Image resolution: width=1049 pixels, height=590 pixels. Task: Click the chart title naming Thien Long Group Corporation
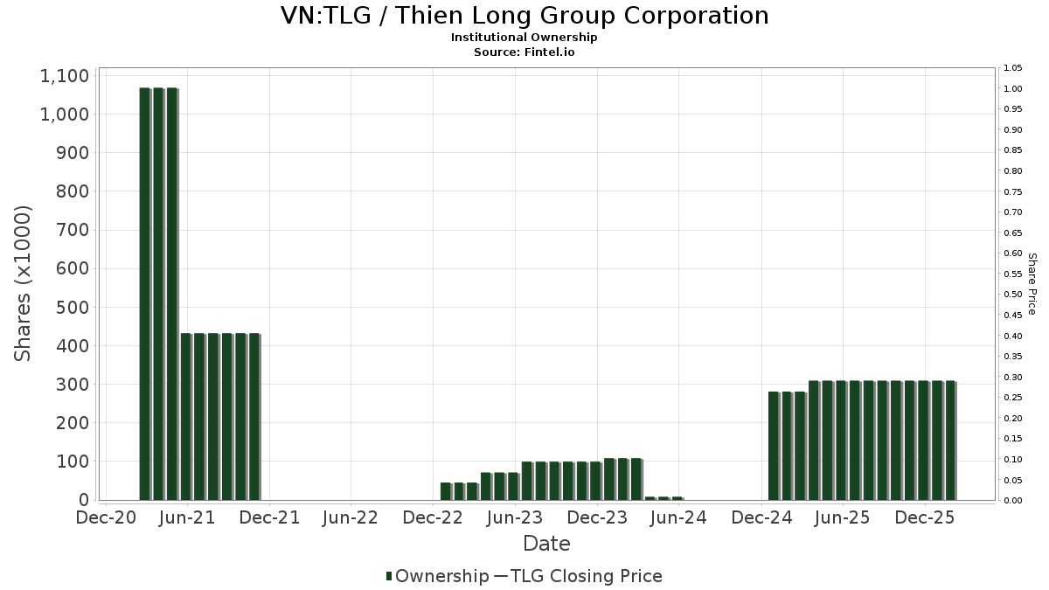(524, 16)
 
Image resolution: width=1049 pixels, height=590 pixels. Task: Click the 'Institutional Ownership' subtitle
(524, 38)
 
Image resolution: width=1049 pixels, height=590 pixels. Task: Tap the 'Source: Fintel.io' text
(524, 52)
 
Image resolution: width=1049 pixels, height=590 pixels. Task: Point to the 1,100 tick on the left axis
(65, 76)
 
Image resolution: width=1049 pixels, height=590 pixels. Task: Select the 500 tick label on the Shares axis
(73, 307)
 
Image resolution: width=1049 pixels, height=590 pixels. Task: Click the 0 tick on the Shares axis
(84, 500)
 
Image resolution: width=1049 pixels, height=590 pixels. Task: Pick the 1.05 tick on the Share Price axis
(1012, 68)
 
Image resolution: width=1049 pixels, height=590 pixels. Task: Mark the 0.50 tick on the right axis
(1012, 295)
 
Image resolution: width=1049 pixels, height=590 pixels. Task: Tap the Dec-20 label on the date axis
(106, 517)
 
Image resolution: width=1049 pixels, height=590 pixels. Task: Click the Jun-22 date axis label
(350, 517)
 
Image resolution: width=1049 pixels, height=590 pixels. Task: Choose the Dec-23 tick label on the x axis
(597, 517)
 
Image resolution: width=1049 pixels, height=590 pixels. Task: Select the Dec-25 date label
(925, 517)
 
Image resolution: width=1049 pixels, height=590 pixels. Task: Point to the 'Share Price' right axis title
(1032, 284)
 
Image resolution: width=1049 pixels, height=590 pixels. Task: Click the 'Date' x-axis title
(546, 544)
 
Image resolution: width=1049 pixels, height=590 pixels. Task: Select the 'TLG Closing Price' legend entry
(588, 576)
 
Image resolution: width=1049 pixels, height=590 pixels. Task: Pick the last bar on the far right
(950, 441)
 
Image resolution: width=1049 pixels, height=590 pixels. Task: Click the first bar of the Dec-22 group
(446, 491)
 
